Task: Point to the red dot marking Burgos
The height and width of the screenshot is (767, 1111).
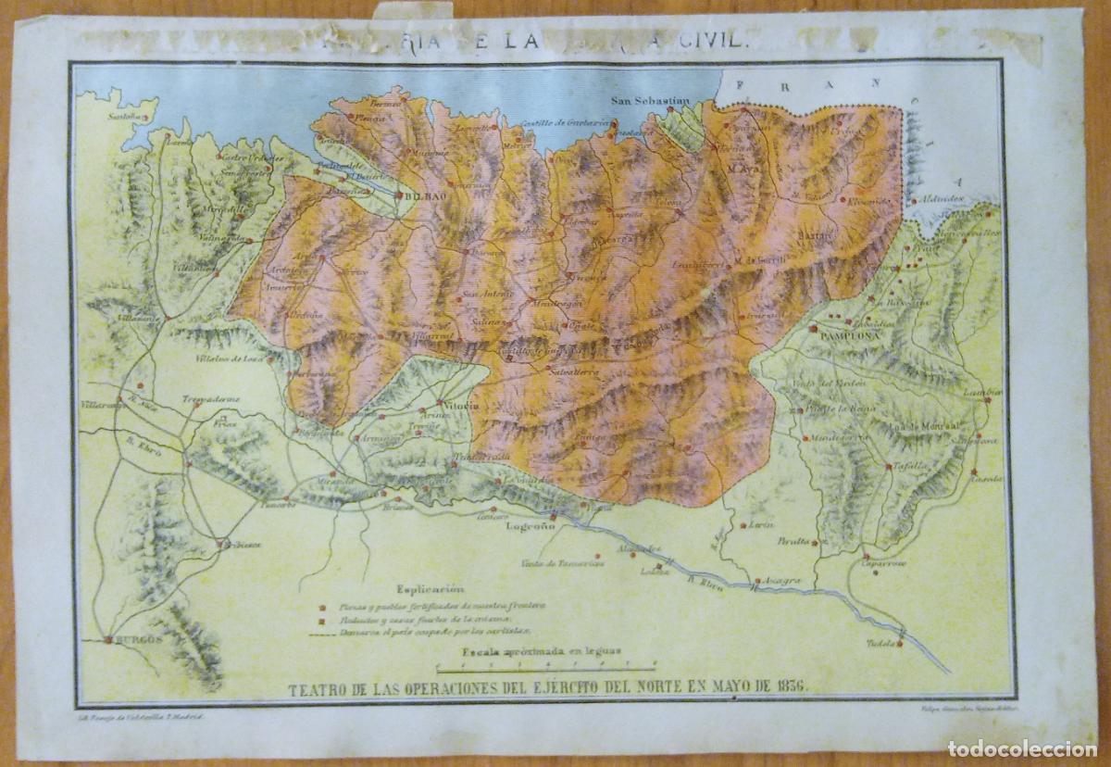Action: [x=108, y=639]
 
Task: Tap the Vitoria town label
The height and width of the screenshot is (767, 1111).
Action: [x=460, y=406]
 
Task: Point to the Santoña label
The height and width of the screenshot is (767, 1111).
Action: [x=128, y=118]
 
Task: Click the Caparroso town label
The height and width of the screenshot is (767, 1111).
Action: [x=882, y=563]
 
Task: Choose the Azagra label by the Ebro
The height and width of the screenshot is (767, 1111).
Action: [x=781, y=581]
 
